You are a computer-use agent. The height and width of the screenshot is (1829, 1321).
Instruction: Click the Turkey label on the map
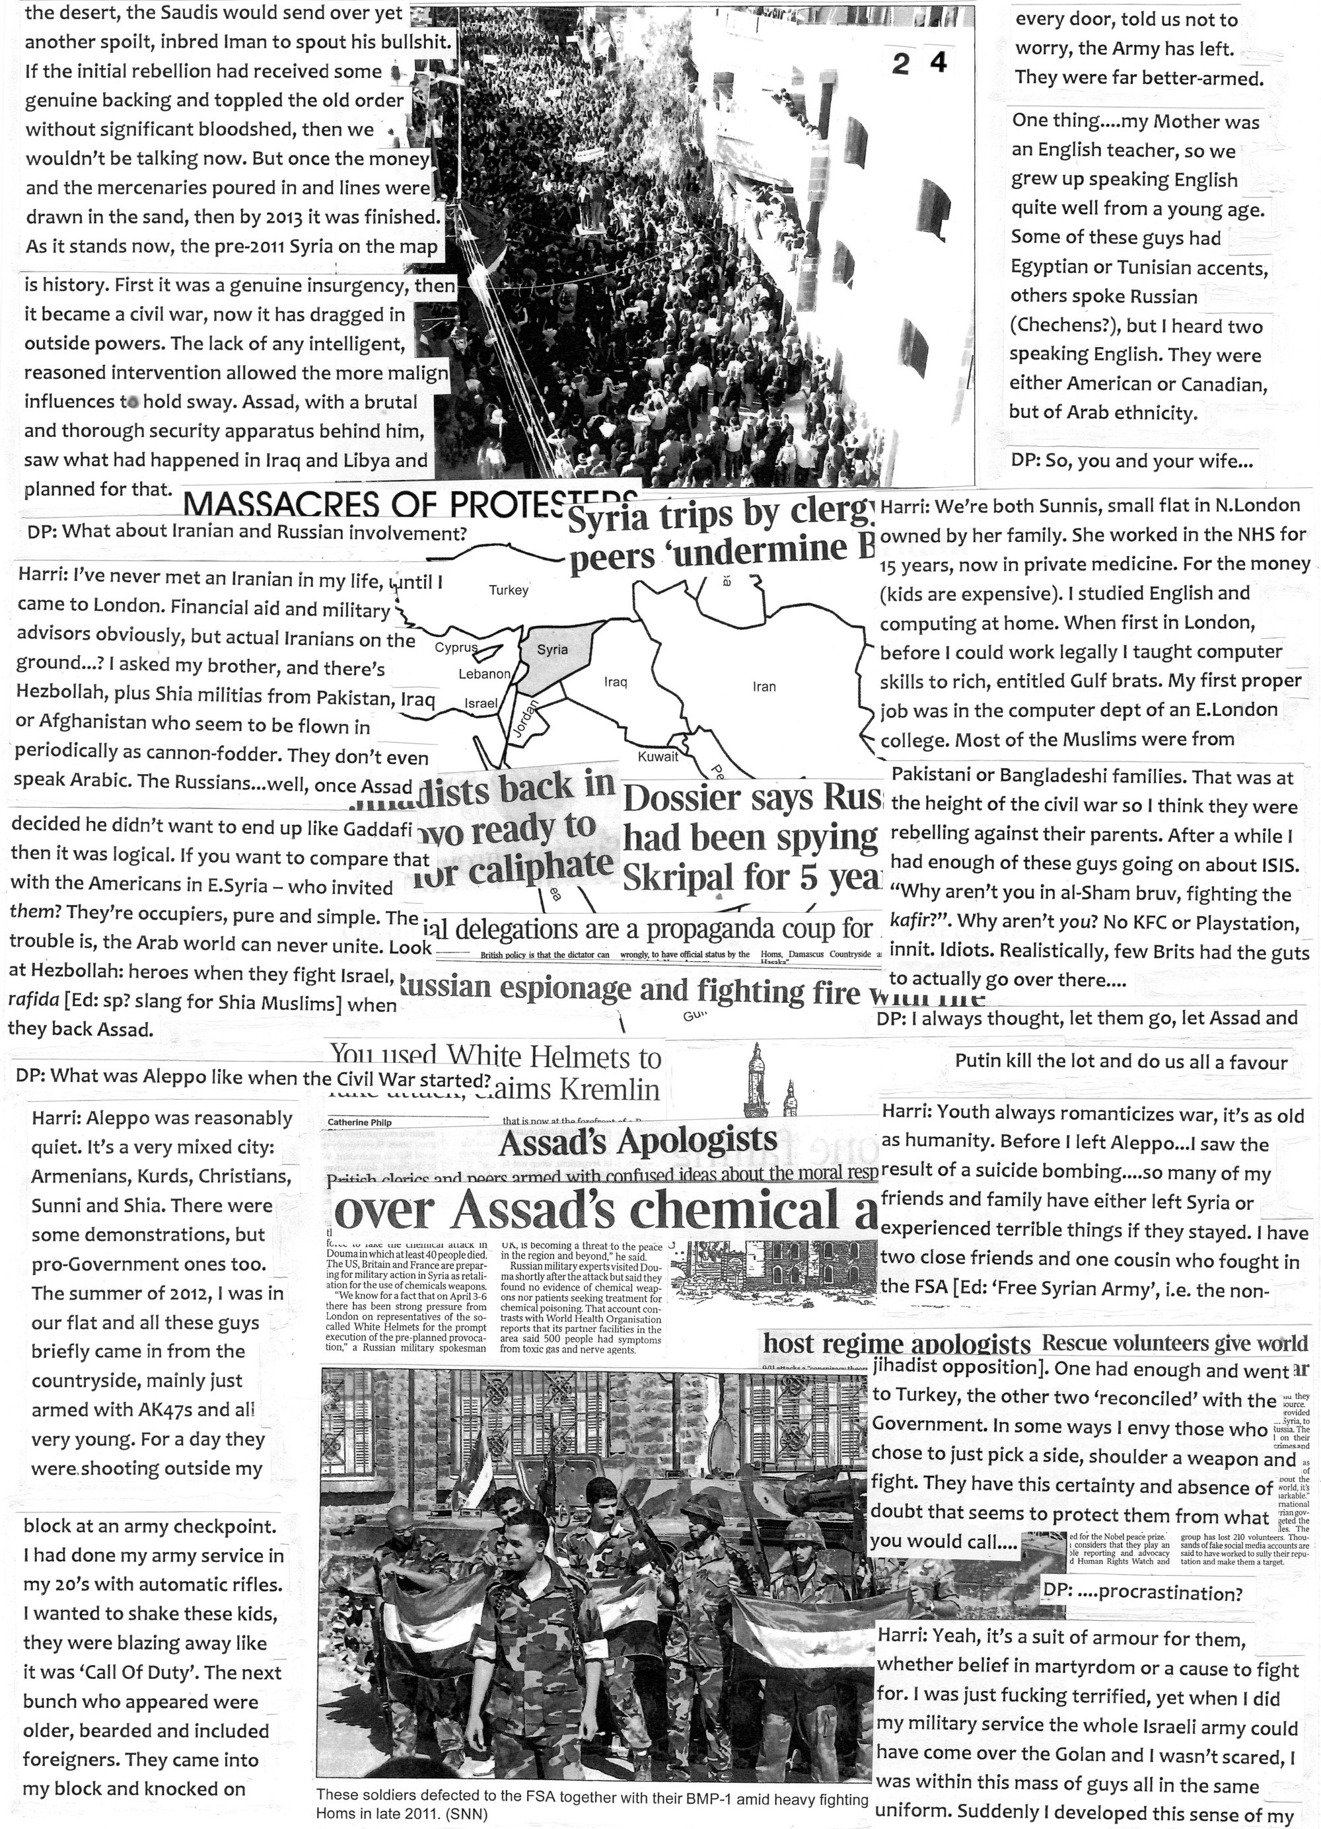pyautogui.click(x=509, y=590)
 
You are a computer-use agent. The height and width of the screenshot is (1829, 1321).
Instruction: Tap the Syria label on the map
pyautogui.click(x=552, y=649)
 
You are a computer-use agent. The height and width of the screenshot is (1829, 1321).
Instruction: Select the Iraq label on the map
pyautogui.click(x=616, y=682)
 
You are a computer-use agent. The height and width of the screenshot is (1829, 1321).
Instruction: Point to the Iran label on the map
pyautogui.click(x=764, y=687)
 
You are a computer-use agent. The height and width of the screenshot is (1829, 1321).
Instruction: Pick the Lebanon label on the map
pyautogui.click(x=484, y=674)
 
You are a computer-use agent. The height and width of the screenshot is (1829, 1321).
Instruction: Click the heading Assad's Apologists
pyautogui.click(x=638, y=1140)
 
